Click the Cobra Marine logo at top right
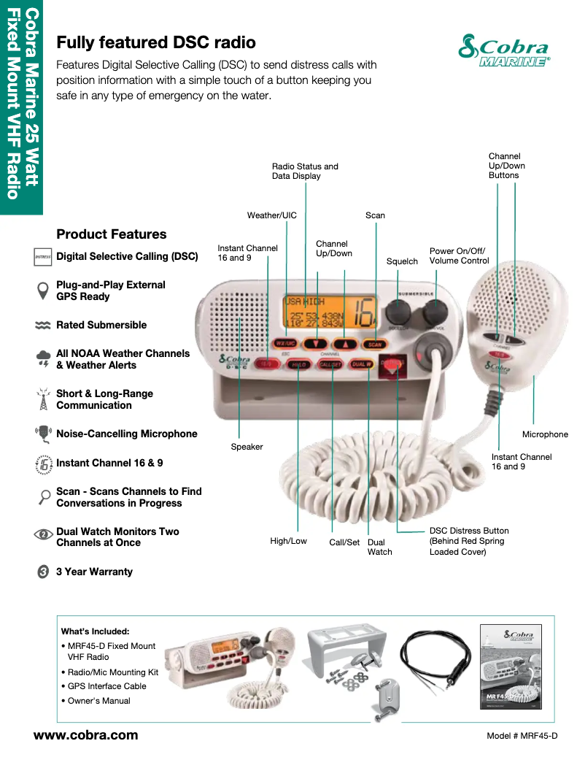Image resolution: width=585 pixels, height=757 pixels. click(503, 50)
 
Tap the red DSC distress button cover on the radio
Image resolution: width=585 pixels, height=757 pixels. click(393, 365)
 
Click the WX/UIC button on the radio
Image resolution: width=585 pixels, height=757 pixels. click(284, 343)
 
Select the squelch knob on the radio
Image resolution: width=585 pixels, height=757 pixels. click(398, 312)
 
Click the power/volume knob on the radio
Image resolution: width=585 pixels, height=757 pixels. click(435, 312)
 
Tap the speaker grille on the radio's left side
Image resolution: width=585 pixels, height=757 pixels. click(234, 321)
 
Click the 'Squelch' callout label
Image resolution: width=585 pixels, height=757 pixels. click(402, 261)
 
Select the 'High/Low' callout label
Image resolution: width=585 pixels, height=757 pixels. click(288, 541)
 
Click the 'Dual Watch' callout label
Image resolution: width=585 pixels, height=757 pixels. click(379, 547)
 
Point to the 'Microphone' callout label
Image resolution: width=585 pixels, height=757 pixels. click(545, 434)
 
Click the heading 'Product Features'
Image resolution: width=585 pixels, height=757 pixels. click(112, 234)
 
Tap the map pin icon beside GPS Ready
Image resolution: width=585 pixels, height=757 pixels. click(43, 291)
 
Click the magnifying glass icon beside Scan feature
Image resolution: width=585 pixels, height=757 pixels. click(43, 497)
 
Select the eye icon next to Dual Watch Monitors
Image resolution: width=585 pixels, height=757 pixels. click(43, 535)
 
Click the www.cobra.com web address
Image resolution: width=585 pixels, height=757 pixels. click(86, 735)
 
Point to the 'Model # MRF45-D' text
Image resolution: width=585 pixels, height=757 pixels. click(522, 736)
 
